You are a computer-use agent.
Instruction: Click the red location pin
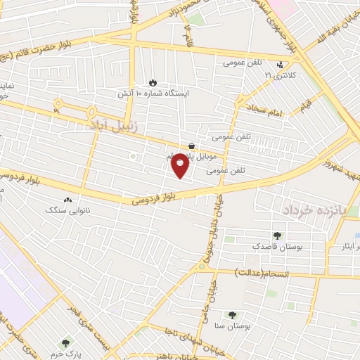(x=180, y=165)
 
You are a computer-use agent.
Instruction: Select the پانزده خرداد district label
(x=316, y=210)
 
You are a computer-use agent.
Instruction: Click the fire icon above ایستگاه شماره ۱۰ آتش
(x=154, y=82)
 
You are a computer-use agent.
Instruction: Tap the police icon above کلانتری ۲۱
(x=280, y=64)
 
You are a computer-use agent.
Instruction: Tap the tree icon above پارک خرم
(x=66, y=342)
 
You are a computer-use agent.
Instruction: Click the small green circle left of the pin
(x=132, y=156)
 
